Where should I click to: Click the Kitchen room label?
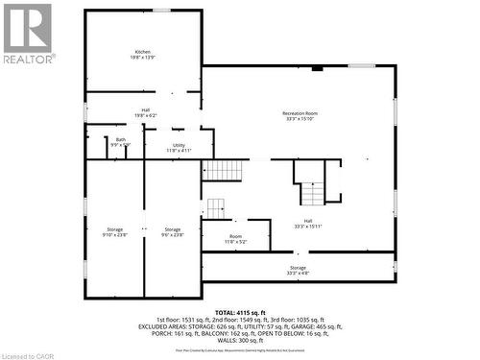(x=143, y=51)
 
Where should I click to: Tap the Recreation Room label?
(x=300, y=113)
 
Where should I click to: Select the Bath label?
(x=121, y=140)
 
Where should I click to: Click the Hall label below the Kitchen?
(x=145, y=109)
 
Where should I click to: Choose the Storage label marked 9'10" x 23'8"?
(x=115, y=229)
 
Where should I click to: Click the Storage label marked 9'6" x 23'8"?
(x=173, y=229)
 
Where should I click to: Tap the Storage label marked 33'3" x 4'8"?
(x=299, y=268)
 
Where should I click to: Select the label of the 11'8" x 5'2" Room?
(x=236, y=236)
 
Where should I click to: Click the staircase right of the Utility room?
(x=225, y=170)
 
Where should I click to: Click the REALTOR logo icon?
(x=27, y=28)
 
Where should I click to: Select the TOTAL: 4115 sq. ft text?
(x=240, y=313)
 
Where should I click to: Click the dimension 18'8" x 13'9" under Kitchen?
(x=143, y=58)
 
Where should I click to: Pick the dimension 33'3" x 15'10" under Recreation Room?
(x=300, y=120)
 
